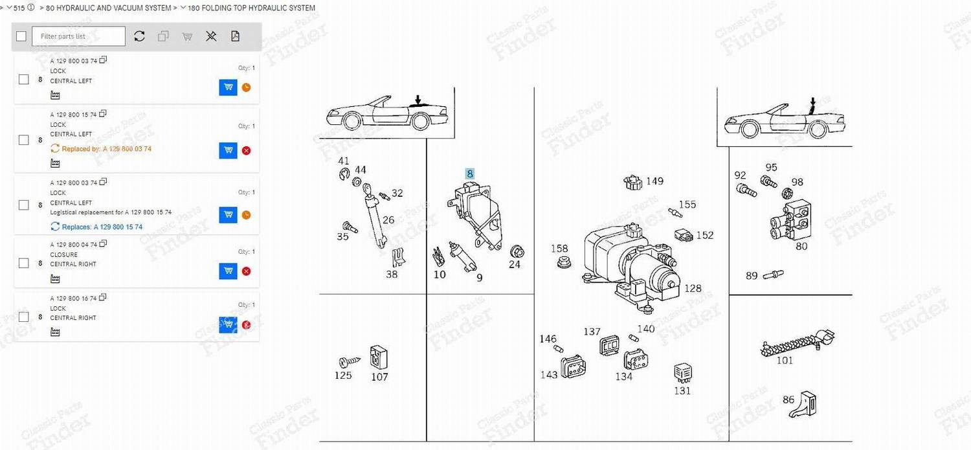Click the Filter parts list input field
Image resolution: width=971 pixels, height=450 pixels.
point(78,36)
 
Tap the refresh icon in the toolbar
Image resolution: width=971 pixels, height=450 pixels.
point(139,36)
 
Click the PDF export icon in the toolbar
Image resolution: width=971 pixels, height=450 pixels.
point(235,36)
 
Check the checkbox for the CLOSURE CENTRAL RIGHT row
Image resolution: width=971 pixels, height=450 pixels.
point(24,263)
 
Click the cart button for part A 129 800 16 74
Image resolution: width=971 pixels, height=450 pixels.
point(228,324)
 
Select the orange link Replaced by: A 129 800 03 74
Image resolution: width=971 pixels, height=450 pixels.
point(106,149)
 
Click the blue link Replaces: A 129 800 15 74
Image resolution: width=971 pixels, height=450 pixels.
point(102,227)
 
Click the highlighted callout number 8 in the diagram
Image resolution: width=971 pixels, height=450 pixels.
point(470,174)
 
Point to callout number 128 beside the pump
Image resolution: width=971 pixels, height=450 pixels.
point(693,288)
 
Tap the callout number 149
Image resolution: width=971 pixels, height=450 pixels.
point(654,181)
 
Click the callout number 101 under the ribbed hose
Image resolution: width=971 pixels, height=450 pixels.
point(785,360)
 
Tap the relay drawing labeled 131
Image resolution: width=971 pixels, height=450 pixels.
point(682,372)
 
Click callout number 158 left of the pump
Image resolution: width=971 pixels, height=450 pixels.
point(559,249)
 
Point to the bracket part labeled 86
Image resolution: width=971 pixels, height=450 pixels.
point(807,403)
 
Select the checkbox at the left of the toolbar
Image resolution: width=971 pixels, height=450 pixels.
point(21,36)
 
